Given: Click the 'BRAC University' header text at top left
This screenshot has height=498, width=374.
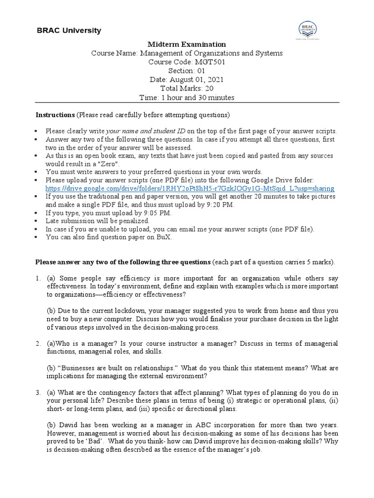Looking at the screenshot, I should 69,31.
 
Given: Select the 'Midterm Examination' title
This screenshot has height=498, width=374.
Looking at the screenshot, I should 187,44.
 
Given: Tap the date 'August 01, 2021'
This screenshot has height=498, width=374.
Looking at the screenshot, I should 196,80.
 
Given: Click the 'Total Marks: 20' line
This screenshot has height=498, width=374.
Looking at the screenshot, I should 187,89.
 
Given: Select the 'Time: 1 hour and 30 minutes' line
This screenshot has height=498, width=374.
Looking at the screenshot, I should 187,97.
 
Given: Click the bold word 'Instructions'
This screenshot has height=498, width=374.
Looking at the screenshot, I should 55,115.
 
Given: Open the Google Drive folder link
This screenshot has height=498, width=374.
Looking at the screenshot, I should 190,188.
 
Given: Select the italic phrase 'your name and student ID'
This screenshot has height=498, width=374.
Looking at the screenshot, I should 146,131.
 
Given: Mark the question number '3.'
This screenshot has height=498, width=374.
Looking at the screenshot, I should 38,392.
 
